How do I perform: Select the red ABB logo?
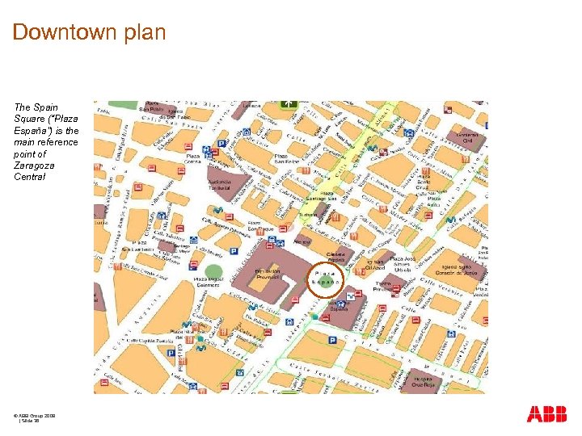coord(546,415)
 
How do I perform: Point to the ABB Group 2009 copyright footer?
coord(34,414)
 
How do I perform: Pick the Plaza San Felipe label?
coord(286,158)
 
